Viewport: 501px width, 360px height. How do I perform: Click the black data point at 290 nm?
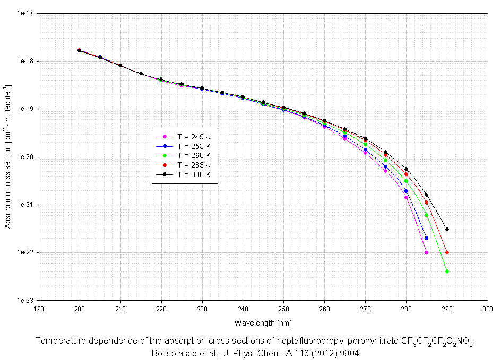(447, 230)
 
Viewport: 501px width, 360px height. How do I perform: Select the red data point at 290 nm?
(447, 252)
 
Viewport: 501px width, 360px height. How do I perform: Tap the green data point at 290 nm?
(447, 271)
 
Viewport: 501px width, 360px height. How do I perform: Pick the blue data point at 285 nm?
(426, 238)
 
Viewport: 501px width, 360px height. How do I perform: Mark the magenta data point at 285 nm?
(426, 252)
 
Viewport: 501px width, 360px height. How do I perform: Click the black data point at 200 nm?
(79, 50)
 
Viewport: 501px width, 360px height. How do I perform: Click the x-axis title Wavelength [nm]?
(263, 322)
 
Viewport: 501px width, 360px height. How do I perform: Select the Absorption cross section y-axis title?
(8, 156)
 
